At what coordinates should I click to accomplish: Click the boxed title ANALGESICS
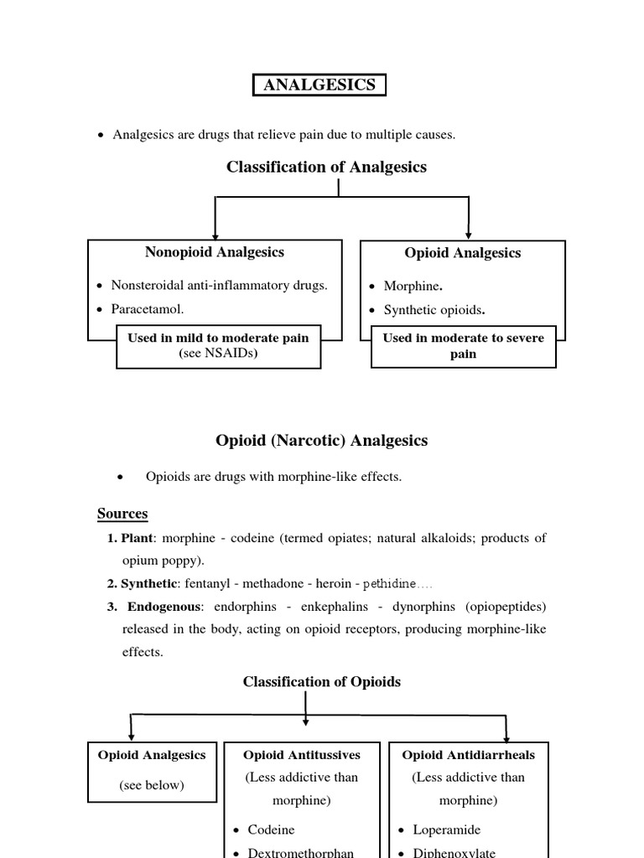pyautogui.click(x=319, y=85)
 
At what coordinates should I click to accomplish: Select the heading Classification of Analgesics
pyautogui.click(x=326, y=167)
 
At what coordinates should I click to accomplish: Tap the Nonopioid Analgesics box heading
pyautogui.click(x=215, y=251)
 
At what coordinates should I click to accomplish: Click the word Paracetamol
pyautogui.click(x=147, y=308)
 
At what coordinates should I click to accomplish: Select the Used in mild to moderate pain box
pyautogui.click(x=218, y=345)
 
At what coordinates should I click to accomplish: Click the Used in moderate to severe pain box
pyautogui.click(x=463, y=345)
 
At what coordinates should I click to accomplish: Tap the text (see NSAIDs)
pyautogui.click(x=218, y=353)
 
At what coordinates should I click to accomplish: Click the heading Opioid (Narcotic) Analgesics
pyautogui.click(x=321, y=440)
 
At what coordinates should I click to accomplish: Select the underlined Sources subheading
pyautogui.click(x=122, y=513)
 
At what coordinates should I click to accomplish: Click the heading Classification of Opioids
pyautogui.click(x=321, y=681)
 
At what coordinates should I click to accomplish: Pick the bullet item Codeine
pyautogui.click(x=271, y=829)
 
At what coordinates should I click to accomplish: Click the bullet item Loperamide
pyautogui.click(x=446, y=829)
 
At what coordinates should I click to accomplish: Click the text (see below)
pyautogui.click(x=151, y=785)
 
